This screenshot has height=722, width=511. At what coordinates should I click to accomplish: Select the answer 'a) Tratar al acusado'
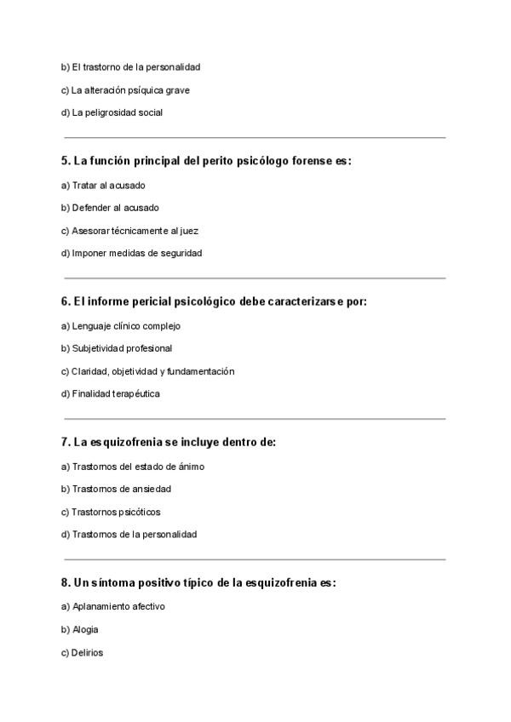[103, 185]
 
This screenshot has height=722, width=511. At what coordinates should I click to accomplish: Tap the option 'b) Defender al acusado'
[110, 208]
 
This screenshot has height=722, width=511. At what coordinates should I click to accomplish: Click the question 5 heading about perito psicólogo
[206, 160]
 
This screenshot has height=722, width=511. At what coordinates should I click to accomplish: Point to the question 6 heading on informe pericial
[214, 301]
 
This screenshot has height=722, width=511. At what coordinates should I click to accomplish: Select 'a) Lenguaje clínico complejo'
[120, 326]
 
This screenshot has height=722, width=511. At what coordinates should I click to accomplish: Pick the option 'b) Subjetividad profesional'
[117, 348]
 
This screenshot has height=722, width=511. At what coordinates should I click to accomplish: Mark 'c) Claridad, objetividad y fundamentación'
[147, 371]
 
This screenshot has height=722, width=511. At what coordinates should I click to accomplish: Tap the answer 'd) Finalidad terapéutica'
[111, 393]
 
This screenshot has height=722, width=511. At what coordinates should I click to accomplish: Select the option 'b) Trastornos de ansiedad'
[116, 489]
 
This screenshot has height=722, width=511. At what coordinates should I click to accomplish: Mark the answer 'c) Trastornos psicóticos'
[111, 512]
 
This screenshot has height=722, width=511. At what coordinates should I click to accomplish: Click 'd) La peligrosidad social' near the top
[112, 112]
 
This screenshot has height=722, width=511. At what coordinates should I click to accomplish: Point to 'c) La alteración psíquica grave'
[124, 89]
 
